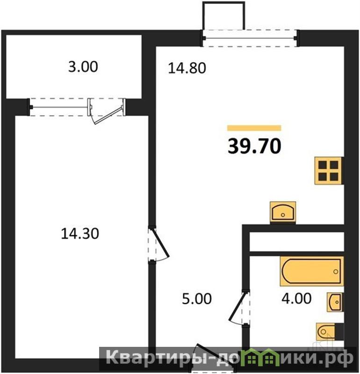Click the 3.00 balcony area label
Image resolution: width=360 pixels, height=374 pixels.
click(x=83, y=67)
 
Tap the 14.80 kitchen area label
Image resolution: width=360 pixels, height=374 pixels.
click(x=187, y=68)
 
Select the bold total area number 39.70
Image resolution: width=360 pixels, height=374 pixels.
click(x=254, y=146)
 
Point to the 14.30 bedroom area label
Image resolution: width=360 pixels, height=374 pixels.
click(x=80, y=234)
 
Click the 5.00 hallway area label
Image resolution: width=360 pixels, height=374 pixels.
click(x=197, y=299)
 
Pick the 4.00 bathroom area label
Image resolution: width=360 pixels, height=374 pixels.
click(x=296, y=298)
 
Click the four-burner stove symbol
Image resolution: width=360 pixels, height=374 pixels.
click(x=329, y=170)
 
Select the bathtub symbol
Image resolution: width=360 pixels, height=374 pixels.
click(x=312, y=271)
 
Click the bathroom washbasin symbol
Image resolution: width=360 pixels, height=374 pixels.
click(x=335, y=302)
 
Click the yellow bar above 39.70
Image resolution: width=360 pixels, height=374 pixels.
click(x=254, y=128)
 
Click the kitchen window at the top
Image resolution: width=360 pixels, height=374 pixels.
click(x=250, y=38)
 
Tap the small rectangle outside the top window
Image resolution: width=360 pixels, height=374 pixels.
click(x=223, y=16)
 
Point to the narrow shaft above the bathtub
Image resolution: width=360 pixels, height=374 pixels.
click(x=296, y=242)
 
